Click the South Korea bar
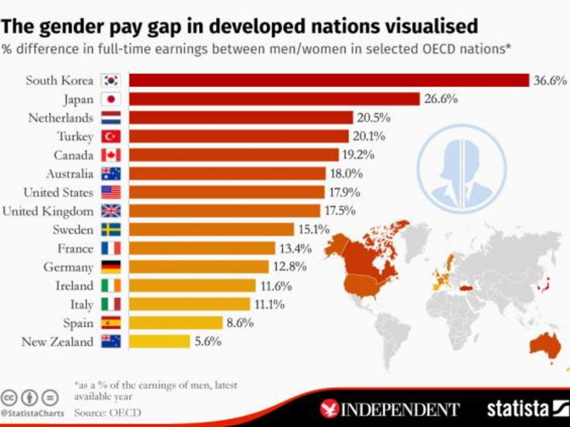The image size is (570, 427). coord(329,80)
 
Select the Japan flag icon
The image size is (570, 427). coord(111,99)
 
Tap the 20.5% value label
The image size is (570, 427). coord(373,117)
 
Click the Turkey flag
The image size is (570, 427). coord(111,136)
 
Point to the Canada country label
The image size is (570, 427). coord(73,155)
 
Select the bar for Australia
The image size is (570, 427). coord(227,173)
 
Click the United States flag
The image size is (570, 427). coord(111,192)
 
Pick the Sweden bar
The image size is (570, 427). coord(212,230)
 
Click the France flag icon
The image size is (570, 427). coord(111,248)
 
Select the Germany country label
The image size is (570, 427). coord(68,267)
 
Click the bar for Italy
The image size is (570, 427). coord(189,304)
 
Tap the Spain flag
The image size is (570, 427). coord(111,323)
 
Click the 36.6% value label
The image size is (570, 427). coord(550,80)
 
